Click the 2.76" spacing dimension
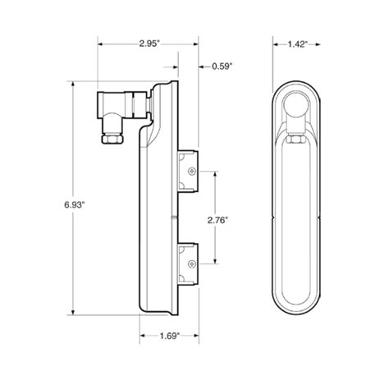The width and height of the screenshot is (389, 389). (217, 219)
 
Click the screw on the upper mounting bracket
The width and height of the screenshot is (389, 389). (191, 170)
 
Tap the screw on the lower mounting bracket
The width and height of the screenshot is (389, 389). (191, 263)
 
